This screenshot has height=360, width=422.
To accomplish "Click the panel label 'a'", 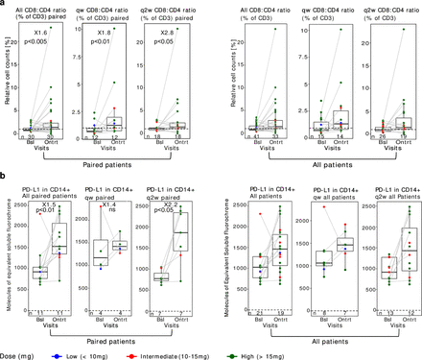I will click(x=4, y=4).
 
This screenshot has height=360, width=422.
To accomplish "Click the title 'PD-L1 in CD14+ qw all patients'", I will click(x=329, y=195).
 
